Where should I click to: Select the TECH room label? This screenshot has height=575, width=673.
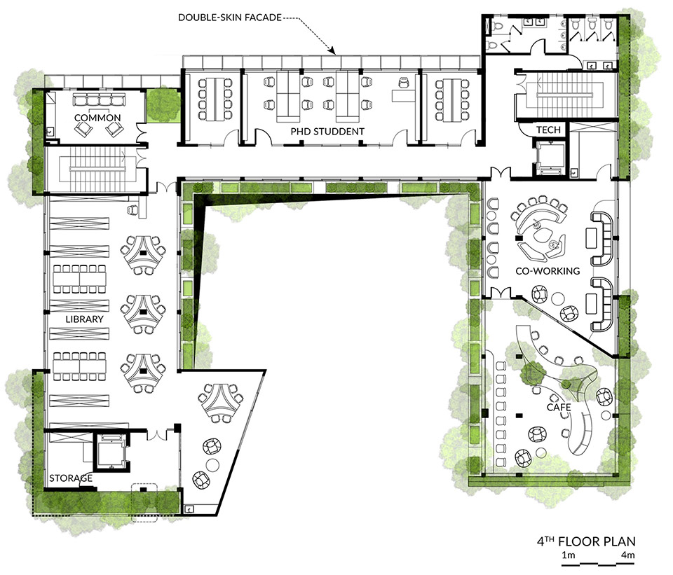click(x=547, y=130)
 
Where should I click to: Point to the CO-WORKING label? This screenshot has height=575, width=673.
click(x=538, y=271)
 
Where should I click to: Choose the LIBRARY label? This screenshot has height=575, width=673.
click(x=86, y=319)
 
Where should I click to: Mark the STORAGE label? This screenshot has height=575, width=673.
click(x=70, y=478)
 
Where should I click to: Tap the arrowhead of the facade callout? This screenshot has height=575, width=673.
click(x=335, y=51)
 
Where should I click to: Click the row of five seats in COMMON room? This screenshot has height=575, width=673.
click(x=97, y=99)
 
